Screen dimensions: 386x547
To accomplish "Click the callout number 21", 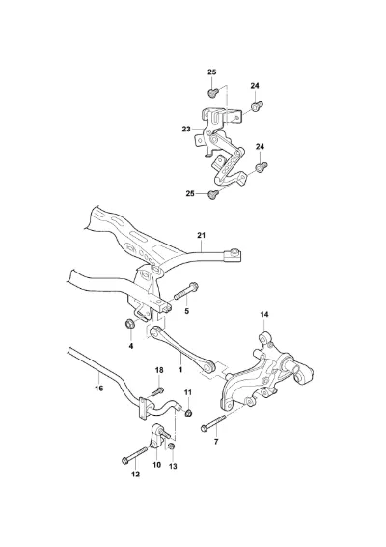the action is point(201,235).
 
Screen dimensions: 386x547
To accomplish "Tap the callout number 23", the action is point(186,130).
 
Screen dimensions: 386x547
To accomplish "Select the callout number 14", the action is point(264,315).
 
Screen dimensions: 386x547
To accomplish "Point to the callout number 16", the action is point(99,388).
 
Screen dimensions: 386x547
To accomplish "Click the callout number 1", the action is point(180,369).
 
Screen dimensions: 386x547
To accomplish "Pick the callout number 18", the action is point(159,370).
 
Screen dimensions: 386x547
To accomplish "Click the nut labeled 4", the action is point(129,324).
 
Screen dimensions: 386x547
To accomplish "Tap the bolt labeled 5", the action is point(184,292).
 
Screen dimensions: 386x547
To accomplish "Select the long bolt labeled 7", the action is point(213,420).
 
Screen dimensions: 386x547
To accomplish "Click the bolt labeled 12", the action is point(134,454).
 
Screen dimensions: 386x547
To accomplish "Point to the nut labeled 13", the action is point(172,446).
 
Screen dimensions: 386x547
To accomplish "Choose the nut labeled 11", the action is point(188,413).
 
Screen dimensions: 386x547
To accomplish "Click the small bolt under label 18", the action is point(157,391).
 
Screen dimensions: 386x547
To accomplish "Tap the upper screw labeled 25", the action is point(213,93).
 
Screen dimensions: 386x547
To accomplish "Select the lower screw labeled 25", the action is point(213,194).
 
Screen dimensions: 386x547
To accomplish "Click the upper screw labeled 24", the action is point(257,106).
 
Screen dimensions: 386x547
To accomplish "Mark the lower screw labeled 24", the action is point(262,167).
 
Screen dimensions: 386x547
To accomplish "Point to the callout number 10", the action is point(157,465).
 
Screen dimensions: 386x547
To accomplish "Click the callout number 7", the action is point(216,442).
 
